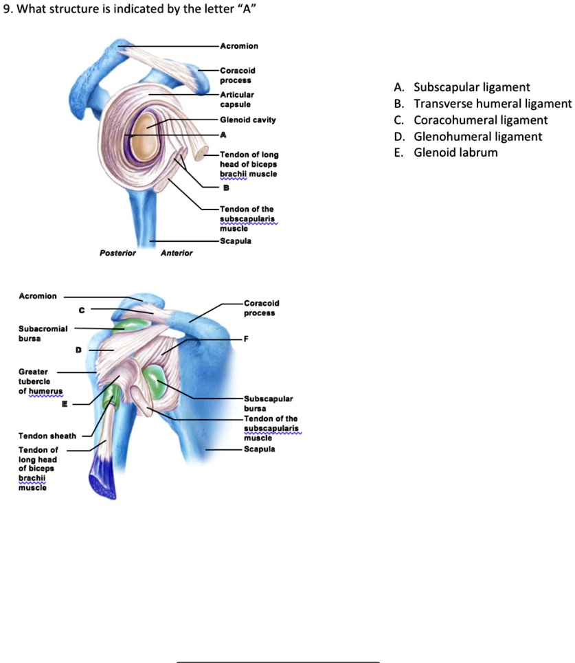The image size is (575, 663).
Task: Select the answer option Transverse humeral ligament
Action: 492,104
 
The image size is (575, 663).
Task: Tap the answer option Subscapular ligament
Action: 471,87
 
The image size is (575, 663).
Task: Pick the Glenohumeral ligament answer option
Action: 477,137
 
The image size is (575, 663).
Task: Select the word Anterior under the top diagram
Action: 177,253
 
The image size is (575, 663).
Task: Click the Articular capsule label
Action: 237,100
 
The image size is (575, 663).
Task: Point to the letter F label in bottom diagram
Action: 245,339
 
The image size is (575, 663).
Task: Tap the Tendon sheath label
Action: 47,436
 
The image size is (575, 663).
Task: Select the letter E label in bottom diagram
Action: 65,405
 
